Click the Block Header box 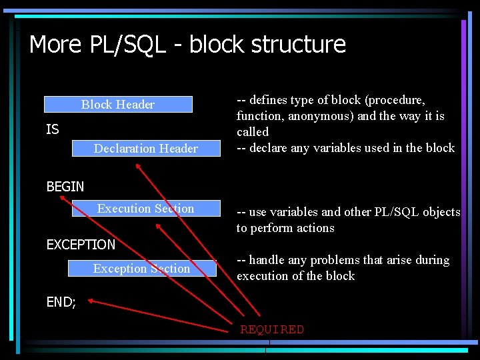tap(118, 104)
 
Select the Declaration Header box tap(145, 148)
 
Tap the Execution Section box tap(145, 209)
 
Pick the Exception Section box tap(141, 269)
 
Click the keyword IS tap(53, 129)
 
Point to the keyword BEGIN tap(65, 187)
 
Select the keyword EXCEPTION tap(81, 245)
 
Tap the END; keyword tap(61, 302)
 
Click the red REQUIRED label tap(272, 329)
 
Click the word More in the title tap(55, 45)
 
